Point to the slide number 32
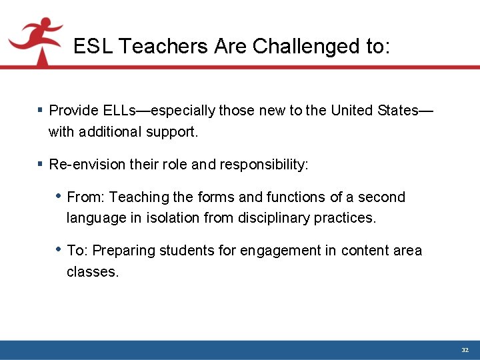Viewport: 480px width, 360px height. tap(465, 350)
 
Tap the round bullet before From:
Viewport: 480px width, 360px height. tap(59, 196)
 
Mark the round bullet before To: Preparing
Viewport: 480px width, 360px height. tap(59, 249)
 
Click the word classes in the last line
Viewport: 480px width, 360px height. tap(92, 272)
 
